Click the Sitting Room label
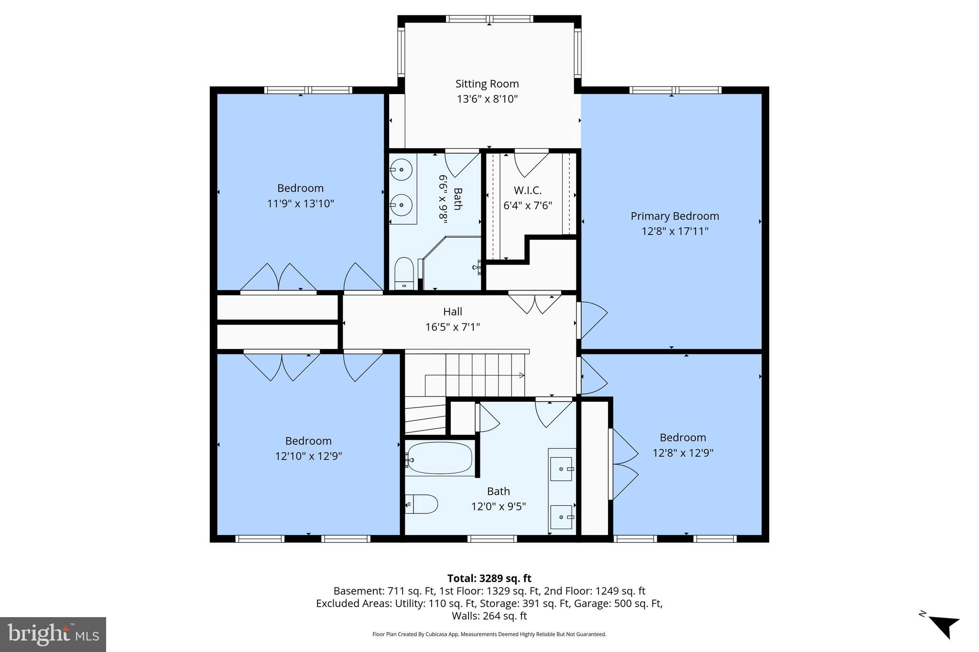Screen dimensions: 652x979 pos(487,84)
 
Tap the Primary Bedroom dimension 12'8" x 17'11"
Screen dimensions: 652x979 pos(674,231)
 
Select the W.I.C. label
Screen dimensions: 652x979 pos(527,190)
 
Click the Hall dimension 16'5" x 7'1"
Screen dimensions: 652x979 pos(452,327)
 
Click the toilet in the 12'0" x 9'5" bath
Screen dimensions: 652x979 pos(423,504)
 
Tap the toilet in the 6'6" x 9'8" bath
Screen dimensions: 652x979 pos(404,272)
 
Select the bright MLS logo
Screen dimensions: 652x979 pos(53,634)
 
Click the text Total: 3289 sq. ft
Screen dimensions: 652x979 pos(489,578)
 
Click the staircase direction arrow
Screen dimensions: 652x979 pos(521,375)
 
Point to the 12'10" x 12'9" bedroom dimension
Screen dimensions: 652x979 pos(308,456)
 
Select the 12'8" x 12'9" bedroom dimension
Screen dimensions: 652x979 pos(683,453)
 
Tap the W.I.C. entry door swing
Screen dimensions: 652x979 pos(531,162)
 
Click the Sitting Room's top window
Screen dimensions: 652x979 pos(489,19)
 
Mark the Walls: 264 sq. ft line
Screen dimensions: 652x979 pos(489,616)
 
